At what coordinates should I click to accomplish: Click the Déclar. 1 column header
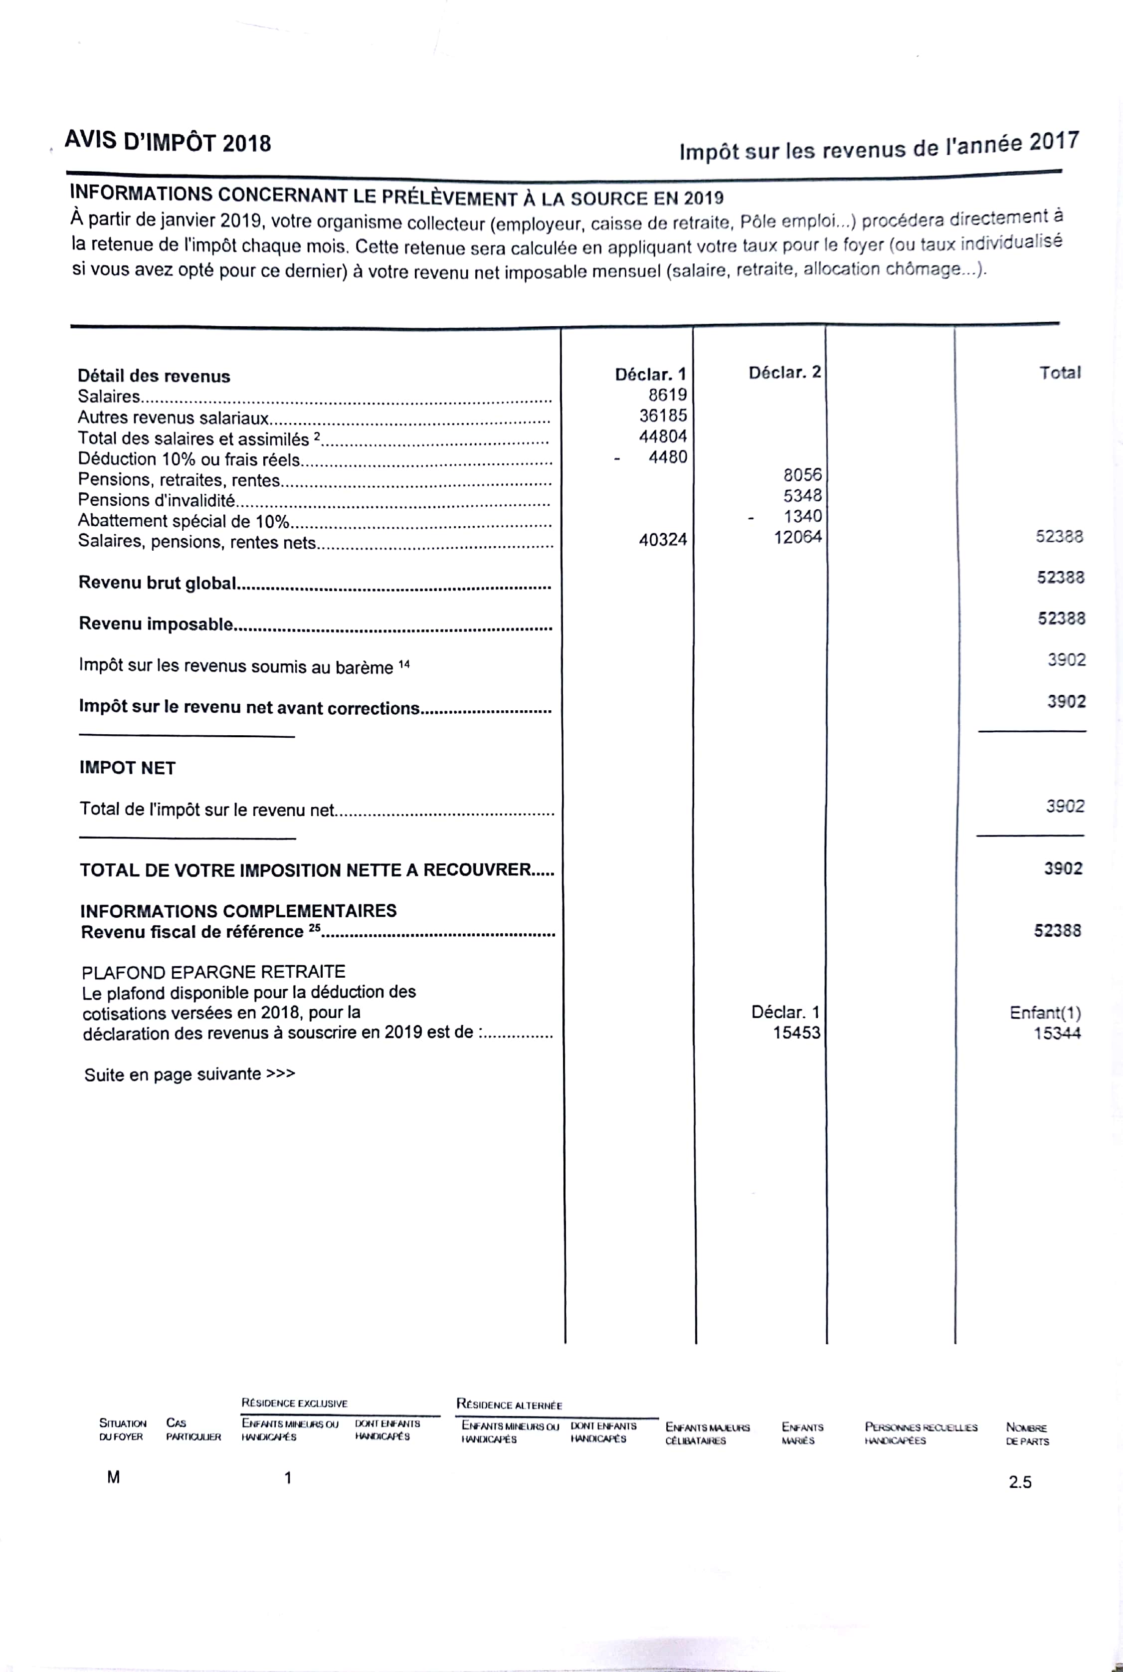click(650, 374)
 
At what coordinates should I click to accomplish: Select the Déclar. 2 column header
click(784, 373)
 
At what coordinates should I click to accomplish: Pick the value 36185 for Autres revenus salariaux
click(663, 416)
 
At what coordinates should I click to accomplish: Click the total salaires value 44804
click(663, 436)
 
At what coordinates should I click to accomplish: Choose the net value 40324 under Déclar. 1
click(663, 539)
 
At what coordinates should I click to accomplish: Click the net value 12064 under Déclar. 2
click(797, 537)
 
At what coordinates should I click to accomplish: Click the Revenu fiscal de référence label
click(192, 932)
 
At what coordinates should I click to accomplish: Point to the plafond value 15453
click(796, 1033)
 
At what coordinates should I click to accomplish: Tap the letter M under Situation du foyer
click(113, 1477)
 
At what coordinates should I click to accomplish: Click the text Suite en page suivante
click(189, 1074)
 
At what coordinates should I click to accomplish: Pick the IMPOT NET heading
click(128, 768)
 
